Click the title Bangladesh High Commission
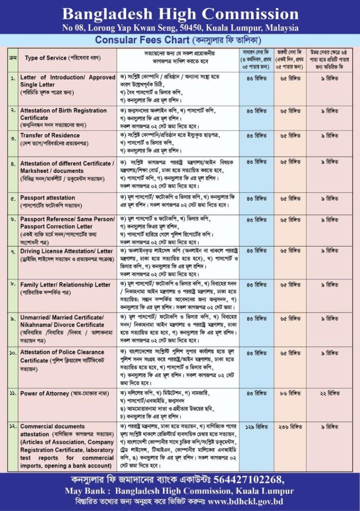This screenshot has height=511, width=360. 180,13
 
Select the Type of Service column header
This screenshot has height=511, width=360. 45,58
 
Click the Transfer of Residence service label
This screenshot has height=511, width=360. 50,135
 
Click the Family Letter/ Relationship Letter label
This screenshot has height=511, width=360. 65,284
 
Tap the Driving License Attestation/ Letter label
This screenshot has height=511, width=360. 66,251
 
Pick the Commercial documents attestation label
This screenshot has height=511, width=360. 52,427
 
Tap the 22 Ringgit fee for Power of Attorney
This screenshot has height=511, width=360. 333,393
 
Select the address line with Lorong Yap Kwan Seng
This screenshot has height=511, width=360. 180,28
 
